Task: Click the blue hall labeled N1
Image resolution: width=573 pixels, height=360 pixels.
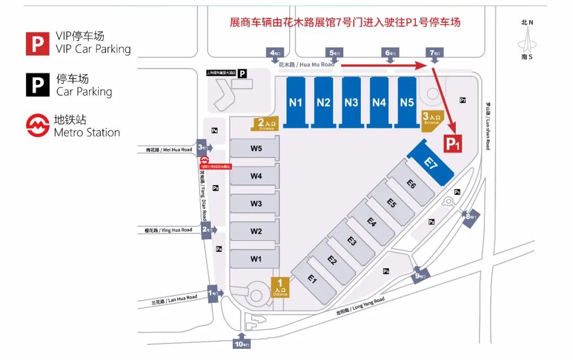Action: (296, 102)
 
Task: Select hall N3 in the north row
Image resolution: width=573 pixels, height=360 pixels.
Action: (351, 102)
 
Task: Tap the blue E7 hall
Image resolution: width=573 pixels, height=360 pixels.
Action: (431, 162)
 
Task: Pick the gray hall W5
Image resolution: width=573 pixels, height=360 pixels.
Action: (256, 148)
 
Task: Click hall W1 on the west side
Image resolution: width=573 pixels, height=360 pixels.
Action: (256, 259)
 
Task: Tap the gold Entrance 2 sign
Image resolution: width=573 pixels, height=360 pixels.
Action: (264, 124)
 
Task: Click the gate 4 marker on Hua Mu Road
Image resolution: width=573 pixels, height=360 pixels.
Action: (276, 54)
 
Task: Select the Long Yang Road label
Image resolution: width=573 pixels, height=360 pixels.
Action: (360, 306)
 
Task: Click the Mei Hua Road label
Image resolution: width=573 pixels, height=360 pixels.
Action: (169, 150)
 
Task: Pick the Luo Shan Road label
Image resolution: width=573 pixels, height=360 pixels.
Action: (488, 126)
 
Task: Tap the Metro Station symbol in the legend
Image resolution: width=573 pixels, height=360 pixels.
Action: (38, 126)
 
